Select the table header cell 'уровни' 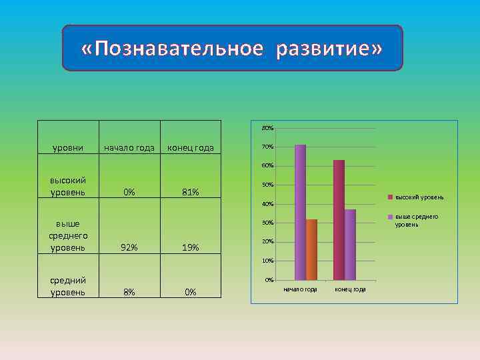pyautogui.click(x=68, y=147)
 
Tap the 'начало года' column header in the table pyautogui.click(x=129, y=147)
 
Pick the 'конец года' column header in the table pyautogui.click(x=191, y=147)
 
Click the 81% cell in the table pyautogui.click(x=191, y=193)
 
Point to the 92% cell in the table pyautogui.click(x=129, y=247)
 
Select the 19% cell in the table pyautogui.click(x=191, y=247)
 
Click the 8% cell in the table pyautogui.click(x=129, y=292)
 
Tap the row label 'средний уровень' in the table pyautogui.click(x=68, y=286)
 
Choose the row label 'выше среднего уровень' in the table pyautogui.click(x=68, y=236)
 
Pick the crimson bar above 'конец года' pyautogui.click(x=339, y=219)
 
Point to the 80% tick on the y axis pyautogui.click(x=267, y=128)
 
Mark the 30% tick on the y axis pyautogui.click(x=267, y=223)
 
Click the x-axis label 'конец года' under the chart pyautogui.click(x=350, y=289)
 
